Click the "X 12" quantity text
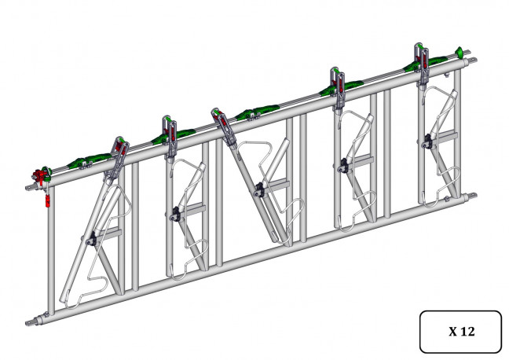coord(461,332)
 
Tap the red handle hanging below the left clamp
coord(48,200)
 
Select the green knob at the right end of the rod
coord(460,52)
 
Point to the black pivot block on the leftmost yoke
coord(92,240)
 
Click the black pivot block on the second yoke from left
coord(175,214)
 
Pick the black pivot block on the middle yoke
coord(260,190)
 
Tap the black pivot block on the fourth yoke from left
coord(343,165)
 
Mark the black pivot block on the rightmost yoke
coord(428,141)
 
